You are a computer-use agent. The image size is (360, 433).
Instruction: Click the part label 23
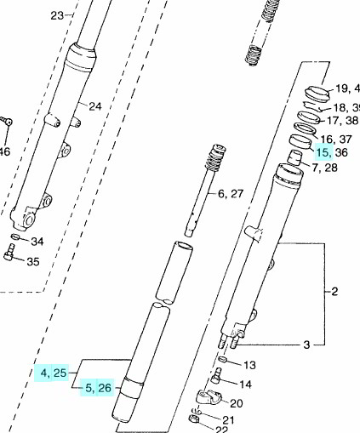pos(57,15)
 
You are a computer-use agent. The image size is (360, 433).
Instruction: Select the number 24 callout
pos(94,106)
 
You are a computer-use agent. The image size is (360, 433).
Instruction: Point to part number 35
pos(32,261)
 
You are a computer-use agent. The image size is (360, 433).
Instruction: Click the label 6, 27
pos(230,194)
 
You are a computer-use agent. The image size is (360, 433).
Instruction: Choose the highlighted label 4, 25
pos(52,373)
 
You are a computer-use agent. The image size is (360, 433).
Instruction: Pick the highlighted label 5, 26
pos(97,389)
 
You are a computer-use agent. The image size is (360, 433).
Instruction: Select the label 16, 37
pos(334,139)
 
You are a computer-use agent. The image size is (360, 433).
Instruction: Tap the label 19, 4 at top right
pos(345,88)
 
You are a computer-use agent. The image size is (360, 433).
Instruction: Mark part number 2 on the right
pos(334,292)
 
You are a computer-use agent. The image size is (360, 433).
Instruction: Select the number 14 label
pos(247,384)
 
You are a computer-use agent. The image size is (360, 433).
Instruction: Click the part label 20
pos(237,402)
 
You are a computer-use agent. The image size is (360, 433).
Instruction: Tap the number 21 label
pos(228,419)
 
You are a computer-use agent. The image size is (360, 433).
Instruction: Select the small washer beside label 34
pos(16,236)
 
